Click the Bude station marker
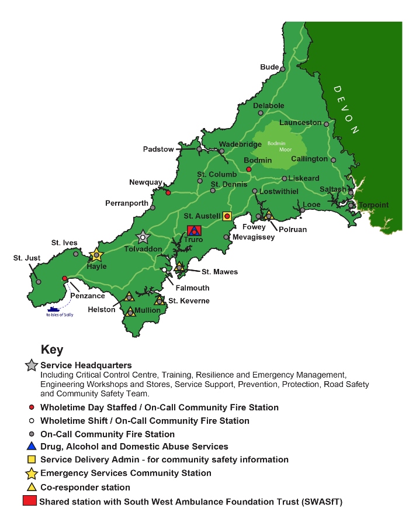coord(282,68)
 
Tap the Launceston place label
coord(300,123)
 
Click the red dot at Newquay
coord(168,192)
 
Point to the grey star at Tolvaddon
coord(143,237)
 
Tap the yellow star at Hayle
coord(96,255)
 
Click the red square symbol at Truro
coord(194,231)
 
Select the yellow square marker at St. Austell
coord(227,216)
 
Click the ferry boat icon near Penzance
coord(54,309)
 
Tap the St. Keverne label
coord(189,301)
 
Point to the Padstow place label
coord(158,150)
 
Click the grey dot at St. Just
coord(39,282)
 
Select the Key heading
coord(52,350)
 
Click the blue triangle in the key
coord(31,446)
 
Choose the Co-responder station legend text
coord(85,487)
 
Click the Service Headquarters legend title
coord(86,365)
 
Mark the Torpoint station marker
coord(351,205)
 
